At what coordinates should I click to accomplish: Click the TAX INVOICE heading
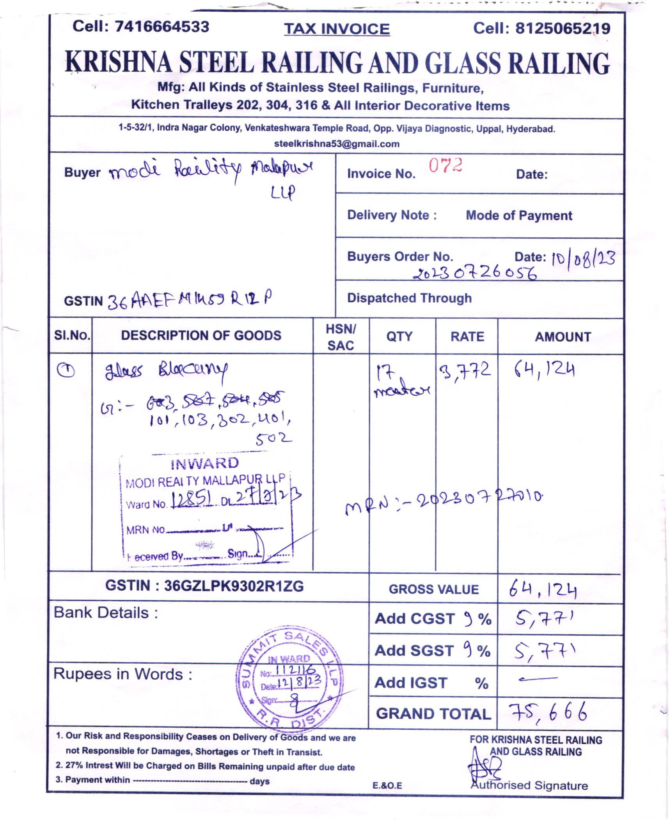point(337,29)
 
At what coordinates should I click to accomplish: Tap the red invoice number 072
point(445,166)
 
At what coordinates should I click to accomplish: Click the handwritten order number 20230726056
point(475,273)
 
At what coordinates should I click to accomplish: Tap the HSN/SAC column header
point(341,337)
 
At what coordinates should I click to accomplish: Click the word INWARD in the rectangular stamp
point(204,463)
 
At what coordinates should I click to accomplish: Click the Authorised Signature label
point(529,785)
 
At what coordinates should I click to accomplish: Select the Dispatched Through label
point(409,298)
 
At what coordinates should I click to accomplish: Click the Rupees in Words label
point(123,674)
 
